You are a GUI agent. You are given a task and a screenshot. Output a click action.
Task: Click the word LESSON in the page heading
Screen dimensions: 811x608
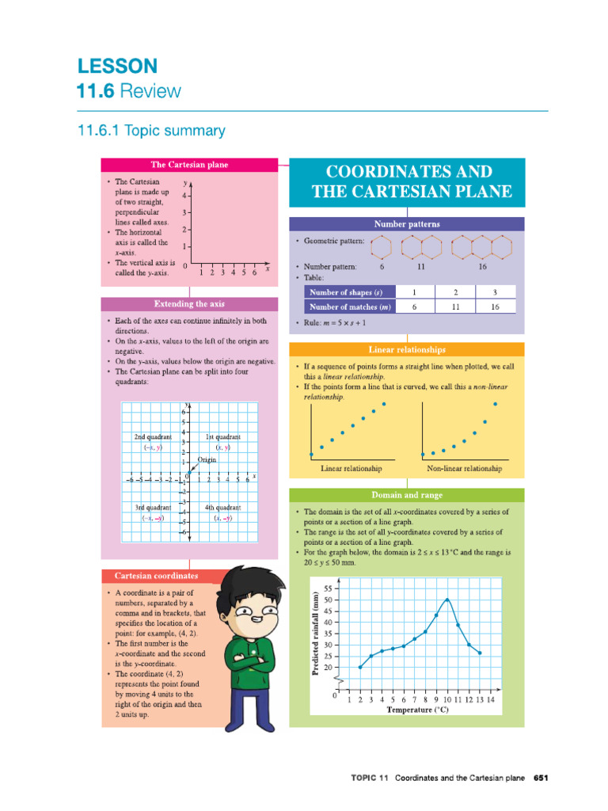click(117, 65)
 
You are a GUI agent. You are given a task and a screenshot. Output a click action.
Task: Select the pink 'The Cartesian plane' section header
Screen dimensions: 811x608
click(189, 165)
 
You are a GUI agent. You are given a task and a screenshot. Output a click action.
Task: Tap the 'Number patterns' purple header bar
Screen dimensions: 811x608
click(406, 224)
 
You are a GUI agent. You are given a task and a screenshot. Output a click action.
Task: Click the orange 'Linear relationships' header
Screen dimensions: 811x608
click(406, 349)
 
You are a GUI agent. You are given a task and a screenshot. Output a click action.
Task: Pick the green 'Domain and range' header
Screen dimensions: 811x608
click(406, 495)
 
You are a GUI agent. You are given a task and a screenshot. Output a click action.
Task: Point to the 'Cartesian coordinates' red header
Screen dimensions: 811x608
click(157, 576)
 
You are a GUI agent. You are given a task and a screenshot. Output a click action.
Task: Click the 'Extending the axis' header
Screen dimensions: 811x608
click(189, 304)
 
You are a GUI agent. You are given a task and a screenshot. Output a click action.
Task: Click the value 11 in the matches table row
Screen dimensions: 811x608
click(454, 307)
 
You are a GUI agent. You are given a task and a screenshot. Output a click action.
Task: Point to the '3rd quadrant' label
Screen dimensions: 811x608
click(153, 507)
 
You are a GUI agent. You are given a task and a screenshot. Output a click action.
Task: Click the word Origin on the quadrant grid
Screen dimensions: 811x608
click(207, 459)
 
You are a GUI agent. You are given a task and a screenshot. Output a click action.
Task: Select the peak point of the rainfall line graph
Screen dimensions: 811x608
click(447, 600)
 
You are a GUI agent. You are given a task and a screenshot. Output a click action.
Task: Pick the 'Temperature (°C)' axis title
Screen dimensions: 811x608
click(417, 710)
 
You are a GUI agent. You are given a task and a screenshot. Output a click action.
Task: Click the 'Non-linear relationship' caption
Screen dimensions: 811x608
click(464, 469)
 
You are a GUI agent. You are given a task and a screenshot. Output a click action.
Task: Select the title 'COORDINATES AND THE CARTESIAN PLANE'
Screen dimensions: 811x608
click(406, 181)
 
